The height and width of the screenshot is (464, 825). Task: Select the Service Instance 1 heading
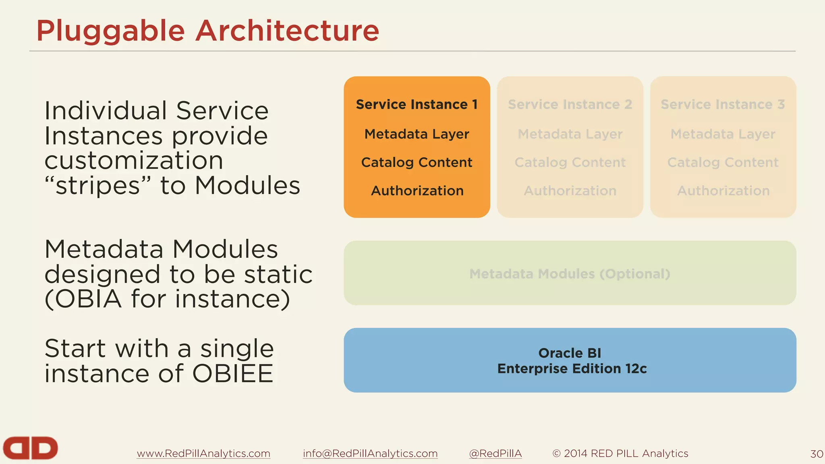click(417, 104)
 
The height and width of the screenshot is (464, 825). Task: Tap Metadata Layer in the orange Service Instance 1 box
click(417, 134)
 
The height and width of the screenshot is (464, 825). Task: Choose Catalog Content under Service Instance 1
click(417, 162)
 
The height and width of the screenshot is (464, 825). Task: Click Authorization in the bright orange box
click(417, 191)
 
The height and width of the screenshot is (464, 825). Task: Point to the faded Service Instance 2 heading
click(570, 104)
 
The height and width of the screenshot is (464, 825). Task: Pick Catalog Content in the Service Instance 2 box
click(570, 162)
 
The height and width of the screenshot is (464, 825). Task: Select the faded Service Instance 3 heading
click(723, 104)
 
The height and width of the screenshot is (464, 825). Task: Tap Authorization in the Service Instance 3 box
click(723, 191)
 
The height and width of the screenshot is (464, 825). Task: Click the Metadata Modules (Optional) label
click(570, 274)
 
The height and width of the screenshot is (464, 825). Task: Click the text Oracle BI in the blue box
click(570, 353)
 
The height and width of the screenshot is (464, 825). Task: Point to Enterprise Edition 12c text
click(572, 369)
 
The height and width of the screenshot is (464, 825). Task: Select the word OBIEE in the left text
click(233, 373)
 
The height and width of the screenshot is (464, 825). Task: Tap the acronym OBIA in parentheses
click(88, 299)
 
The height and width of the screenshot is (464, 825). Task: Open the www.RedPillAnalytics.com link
click(203, 454)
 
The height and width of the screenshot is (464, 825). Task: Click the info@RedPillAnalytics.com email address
click(370, 454)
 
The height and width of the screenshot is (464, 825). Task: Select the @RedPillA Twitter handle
click(495, 454)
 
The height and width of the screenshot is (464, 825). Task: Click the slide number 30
click(817, 454)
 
